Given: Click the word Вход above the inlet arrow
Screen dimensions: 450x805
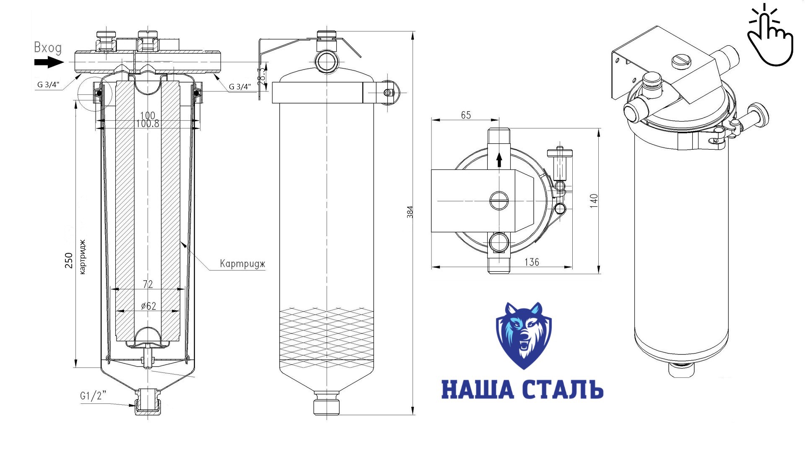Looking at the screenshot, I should (x=48, y=48).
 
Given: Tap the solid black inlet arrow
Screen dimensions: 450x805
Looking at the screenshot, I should (x=49, y=63).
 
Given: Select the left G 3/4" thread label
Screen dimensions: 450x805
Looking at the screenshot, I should (x=48, y=85).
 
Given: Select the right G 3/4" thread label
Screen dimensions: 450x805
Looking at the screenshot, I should (x=240, y=87).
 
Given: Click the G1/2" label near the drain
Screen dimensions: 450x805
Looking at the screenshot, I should (x=93, y=395).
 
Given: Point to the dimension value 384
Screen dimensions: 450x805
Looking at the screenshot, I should (x=410, y=212).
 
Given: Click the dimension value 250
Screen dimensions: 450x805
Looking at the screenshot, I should (x=69, y=260).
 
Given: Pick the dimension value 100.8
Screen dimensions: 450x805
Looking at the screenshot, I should (x=148, y=124).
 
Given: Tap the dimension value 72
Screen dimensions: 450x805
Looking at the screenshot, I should (x=148, y=284).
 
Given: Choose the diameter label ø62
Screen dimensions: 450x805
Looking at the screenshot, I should (x=148, y=306).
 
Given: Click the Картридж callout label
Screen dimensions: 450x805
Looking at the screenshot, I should (x=242, y=264).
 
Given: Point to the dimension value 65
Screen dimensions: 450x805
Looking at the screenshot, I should (x=466, y=115).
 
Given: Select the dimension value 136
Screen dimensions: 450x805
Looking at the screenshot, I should (x=532, y=262).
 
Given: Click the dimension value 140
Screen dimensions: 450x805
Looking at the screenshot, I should (x=593, y=201).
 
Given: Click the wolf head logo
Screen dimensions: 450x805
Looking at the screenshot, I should (x=524, y=336).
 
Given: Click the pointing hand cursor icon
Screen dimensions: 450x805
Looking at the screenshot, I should (x=771, y=36).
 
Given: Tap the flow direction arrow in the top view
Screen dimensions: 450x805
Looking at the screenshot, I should (x=499, y=160).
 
